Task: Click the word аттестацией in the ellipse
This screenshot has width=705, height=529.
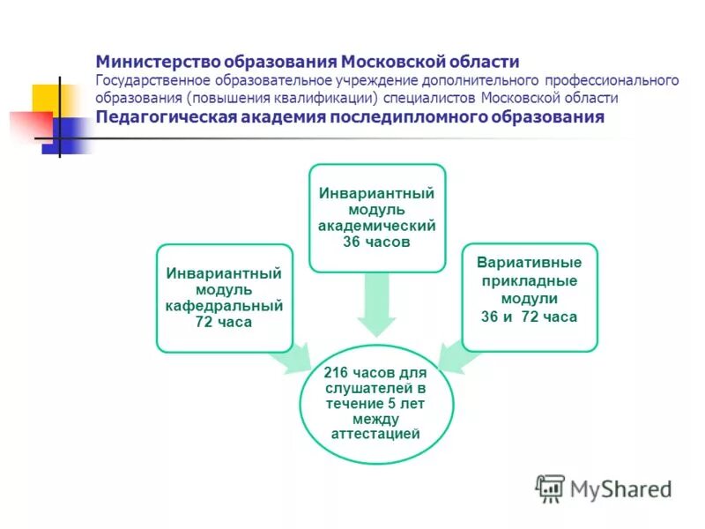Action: (x=375, y=434)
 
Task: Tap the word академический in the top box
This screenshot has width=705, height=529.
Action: (x=376, y=225)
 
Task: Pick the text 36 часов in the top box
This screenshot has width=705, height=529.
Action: (x=376, y=241)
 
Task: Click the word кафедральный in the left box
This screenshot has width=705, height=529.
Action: (x=224, y=306)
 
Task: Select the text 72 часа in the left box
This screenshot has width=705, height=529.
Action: (x=224, y=322)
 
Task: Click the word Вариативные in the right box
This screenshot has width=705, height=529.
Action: (x=530, y=263)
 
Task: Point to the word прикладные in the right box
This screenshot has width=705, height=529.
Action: (x=530, y=280)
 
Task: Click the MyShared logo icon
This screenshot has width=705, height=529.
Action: (x=550, y=488)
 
